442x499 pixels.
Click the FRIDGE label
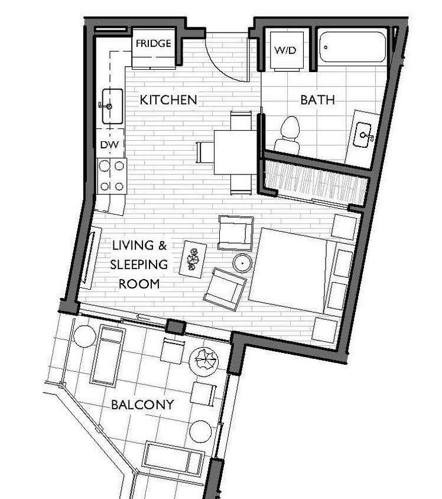153,43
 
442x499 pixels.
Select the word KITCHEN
168,100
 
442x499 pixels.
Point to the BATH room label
317,100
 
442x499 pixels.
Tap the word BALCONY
142,405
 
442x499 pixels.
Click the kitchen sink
112,106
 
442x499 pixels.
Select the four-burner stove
112,176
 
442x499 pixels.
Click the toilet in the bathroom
289,135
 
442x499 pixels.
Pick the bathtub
352,47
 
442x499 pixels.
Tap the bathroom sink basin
363,137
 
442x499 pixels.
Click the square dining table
235,152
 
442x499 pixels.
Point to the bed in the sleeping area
290,270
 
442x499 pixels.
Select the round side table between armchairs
243,263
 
